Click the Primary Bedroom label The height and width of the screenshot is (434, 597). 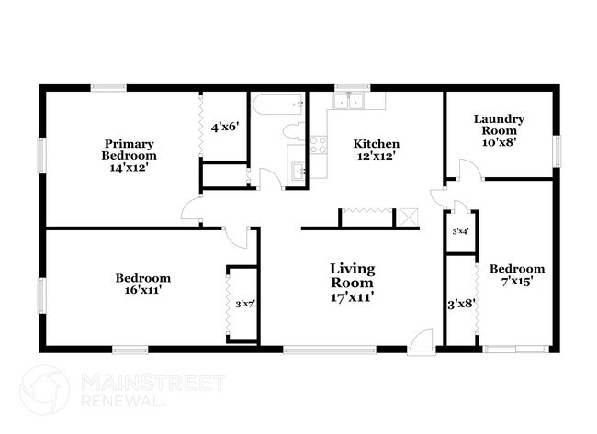128,155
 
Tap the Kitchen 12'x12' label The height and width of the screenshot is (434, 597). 377,150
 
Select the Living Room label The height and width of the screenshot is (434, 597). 353,283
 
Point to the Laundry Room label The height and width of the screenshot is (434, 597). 499,130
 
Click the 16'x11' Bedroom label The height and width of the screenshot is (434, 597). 142,284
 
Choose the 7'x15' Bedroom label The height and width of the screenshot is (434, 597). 516,275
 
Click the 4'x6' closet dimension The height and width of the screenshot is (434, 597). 225,127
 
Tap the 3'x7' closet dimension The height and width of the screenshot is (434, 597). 243,304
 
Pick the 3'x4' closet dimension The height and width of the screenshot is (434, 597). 460,231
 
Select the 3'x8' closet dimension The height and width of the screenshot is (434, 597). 460,304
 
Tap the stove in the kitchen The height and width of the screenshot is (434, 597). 318,144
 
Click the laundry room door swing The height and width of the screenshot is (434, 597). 467,171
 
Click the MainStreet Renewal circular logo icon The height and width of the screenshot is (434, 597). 44,389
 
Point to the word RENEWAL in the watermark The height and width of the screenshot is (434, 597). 123,401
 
